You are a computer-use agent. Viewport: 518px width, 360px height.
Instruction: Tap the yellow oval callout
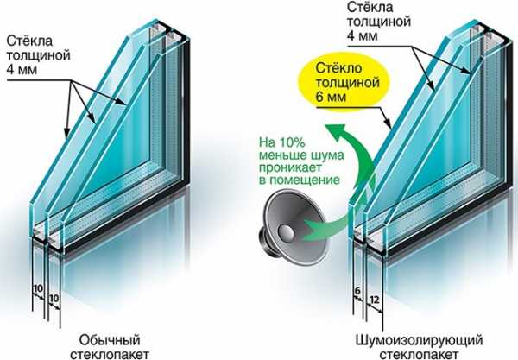tap(344, 82)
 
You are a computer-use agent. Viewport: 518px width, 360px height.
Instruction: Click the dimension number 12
tap(374, 300)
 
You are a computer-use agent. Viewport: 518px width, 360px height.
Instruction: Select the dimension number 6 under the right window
tap(357, 291)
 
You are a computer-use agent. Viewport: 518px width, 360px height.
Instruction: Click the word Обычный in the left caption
tap(110, 339)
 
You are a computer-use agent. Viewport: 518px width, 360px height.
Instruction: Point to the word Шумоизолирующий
tap(419, 340)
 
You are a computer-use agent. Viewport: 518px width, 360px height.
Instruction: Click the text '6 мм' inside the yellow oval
tap(331, 97)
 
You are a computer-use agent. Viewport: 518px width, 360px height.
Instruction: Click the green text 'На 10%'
tap(281, 142)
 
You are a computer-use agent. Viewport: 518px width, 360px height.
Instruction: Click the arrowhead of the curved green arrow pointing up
tap(334, 131)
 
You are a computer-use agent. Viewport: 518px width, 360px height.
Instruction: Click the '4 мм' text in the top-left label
tap(22, 70)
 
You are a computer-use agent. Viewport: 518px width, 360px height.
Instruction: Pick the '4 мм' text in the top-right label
tap(362, 35)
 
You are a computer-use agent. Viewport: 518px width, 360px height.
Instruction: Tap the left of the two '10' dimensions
tap(38, 288)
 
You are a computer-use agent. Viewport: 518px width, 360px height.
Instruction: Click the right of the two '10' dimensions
tap(54, 299)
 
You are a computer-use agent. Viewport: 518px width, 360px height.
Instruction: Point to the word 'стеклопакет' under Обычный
tap(110, 354)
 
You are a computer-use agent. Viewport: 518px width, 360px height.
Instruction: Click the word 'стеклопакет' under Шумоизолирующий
tap(419, 354)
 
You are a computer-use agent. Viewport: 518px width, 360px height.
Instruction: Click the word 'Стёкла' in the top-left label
tap(29, 41)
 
